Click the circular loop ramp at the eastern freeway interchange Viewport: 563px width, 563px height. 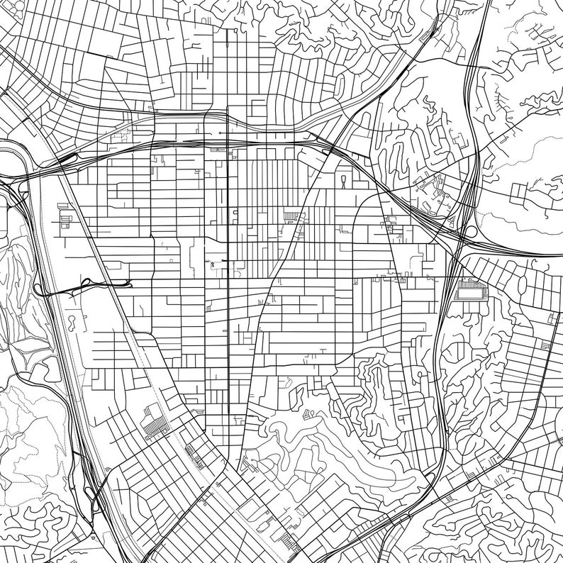pyautogui.click(x=469, y=232)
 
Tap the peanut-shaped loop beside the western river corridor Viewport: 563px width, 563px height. pyautogui.click(x=72, y=323)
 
